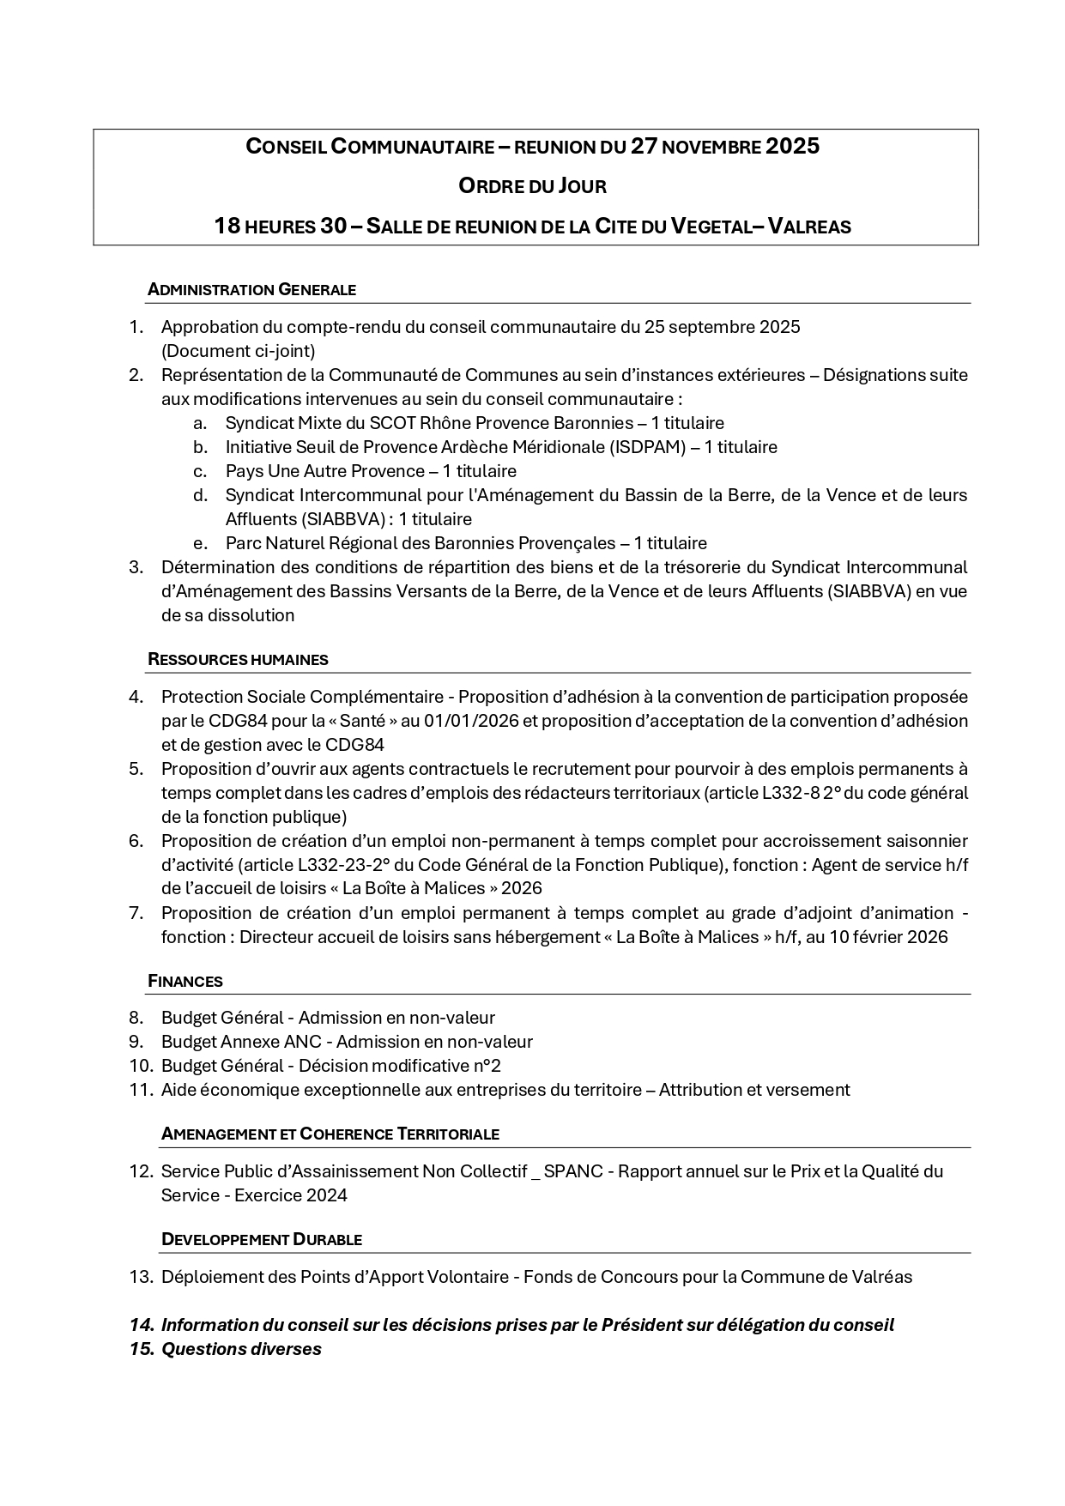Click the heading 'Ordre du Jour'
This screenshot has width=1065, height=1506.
point(532,185)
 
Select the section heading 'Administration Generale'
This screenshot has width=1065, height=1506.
point(251,290)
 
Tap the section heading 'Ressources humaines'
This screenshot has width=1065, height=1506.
point(238,660)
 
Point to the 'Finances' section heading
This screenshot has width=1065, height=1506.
point(185,981)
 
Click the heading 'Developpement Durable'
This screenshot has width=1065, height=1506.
point(261,1240)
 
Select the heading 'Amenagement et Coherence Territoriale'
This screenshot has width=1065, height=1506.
point(330,1134)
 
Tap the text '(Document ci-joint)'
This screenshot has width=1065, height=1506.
point(238,351)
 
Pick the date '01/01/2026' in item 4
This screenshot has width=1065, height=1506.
point(471,721)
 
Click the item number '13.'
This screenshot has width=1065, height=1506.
point(140,1277)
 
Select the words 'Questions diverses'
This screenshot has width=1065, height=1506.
point(241,1349)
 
